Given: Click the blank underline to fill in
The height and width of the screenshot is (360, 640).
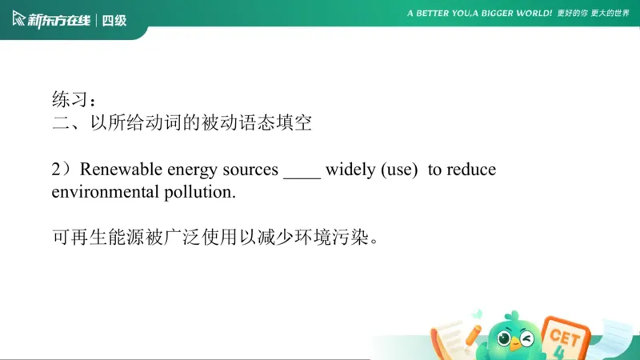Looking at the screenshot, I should click(x=302, y=174).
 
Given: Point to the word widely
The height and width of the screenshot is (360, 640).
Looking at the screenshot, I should click(x=350, y=170).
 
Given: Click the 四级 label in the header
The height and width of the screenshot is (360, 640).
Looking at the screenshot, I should click(x=115, y=20).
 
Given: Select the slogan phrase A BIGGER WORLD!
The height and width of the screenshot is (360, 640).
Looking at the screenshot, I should click(x=513, y=14).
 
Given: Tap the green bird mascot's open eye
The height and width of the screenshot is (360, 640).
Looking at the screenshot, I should click(x=505, y=338).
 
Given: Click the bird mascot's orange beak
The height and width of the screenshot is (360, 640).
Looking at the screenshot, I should click(x=515, y=345).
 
